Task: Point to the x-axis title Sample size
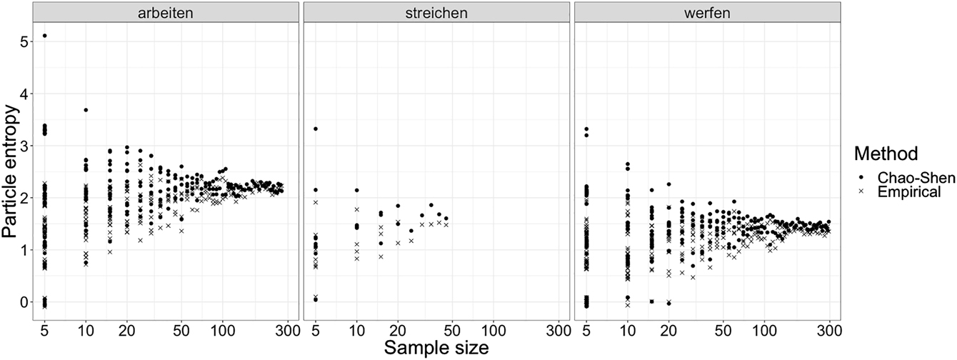point(436,348)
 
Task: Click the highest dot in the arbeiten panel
point(45,36)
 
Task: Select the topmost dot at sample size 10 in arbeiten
point(86,110)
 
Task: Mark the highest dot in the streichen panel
point(316,129)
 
